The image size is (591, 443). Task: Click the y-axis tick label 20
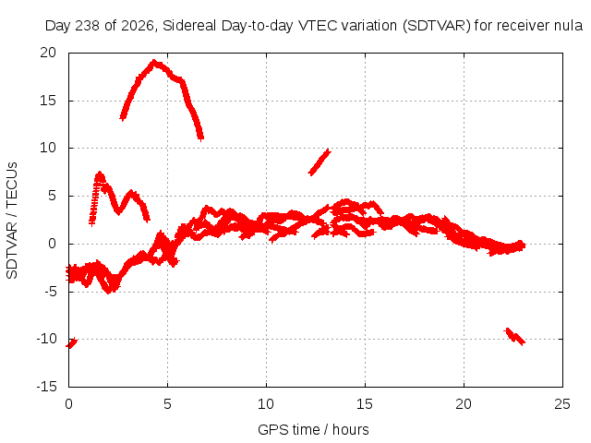pyautogui.click(x=48, y=53)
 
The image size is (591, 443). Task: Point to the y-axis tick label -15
pyautogui.click(x=46, y=386)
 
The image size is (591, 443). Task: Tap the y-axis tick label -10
pyautogui.click(x=46, y=339)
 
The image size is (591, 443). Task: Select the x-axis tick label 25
pyautogui.click(x=562, y=404)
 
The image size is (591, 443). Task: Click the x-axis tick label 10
pyautogui.click(x=266, y=404)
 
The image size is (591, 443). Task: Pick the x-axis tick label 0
pyautogui.click(x=68, y=404)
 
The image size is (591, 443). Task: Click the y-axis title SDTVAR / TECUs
pyautogui.click(x=12, y=221)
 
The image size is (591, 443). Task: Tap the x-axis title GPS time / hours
pyautogui.click(x=313, y=430)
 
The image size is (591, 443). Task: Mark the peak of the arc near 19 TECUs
pyautogui.click(x=154, y=62)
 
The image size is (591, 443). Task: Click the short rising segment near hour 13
pyautogui.click(x=320, y=162)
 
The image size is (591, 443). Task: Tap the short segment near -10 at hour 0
pyautogui.click(x=71, y=342)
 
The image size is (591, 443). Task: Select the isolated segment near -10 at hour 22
pyautogui.click(x=514, y=336)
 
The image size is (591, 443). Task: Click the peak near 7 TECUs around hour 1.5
pyautogui.click(x=100, y=174)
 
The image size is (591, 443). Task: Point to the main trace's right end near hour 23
pyautogui.click(x=523, y=245)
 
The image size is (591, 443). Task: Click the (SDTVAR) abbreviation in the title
pyautogui.click(x=437, y=26)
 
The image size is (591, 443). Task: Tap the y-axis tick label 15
pyautogui.click(x=48, y=101)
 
